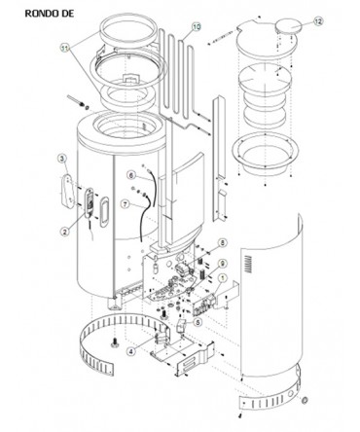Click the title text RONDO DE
point(50,14)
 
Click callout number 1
point(223,277)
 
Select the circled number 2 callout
point(65,231)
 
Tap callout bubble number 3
point(62,158)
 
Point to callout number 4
point(130,350)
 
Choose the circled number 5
point(198,322)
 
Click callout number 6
point(130,175)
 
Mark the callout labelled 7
point(126,204)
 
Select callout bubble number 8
point(223,242)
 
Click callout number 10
point(197,27)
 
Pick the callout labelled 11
point(65,48)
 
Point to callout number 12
point(318,21)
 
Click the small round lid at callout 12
point(289,25)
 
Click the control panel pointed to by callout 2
point(90,203)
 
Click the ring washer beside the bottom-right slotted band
point(305,401)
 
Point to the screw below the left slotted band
point(115,342)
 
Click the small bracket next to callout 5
point(182,325)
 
